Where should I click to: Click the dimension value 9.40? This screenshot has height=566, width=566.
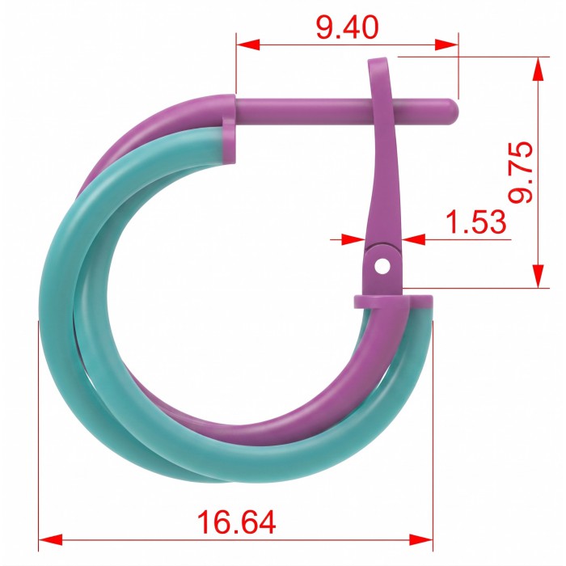click(347, 27)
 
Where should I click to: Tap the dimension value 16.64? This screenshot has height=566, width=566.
click(237, 522)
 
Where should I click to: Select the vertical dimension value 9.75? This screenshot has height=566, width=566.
click(521, 172)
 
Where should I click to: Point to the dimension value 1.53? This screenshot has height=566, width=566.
click(476, 222)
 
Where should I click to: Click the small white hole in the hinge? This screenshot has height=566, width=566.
click(382, 266)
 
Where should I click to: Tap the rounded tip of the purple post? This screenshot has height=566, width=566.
click(453, 112)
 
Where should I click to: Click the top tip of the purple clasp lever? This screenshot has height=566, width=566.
click(378, 61)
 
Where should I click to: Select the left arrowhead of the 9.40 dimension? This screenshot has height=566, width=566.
click(247, 44)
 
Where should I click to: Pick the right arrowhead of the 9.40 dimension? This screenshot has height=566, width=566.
click(447, 44)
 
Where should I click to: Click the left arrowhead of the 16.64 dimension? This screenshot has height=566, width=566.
click(50, 540)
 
